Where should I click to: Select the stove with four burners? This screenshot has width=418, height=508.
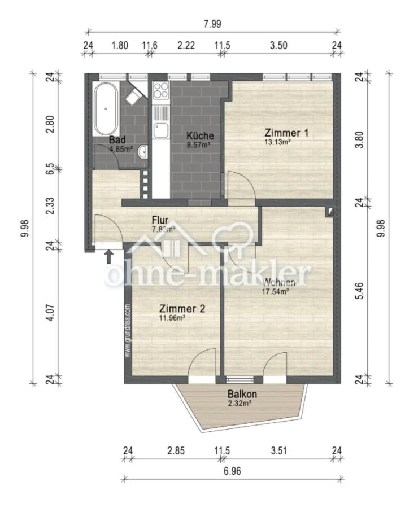pyautogui.click(x=161, y=90)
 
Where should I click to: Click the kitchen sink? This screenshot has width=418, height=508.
pyautogui.click(x=162, y=130)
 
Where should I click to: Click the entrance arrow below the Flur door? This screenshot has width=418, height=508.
pyautogui.click(x=108, y=257)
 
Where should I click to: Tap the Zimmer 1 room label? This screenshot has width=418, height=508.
pyautogui.click(x=286, y=133)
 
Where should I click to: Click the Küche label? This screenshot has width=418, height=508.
pyautogui.click(x=199, y=135)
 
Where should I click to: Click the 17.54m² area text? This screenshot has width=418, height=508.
pyautogui.click(x=275, y=292)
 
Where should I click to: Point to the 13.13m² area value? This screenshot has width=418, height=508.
pyautogui.click(x=277, y=143)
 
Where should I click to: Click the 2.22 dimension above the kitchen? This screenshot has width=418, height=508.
pyautogui.click(x=186, y=45)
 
